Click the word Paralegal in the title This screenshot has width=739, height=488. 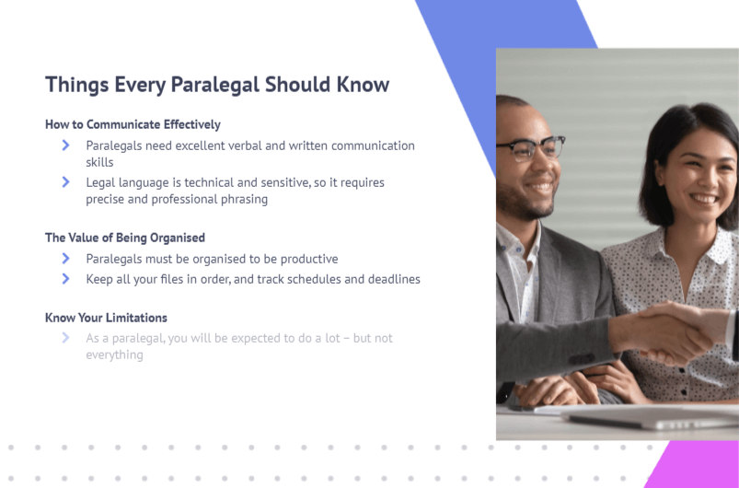pyautogui.click(x=214, y=86)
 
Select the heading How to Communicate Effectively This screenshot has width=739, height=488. pyautogui.click(x=133, y=124)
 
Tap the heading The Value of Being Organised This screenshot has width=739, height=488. pyautogui.click(x=125, y=238)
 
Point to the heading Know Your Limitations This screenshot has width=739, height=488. pyautogui.click(x=106, y=318)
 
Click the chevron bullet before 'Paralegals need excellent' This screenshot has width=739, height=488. pyautogui.click(x=66, y=145)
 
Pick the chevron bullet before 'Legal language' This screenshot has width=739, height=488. pyautogui.click(x=66, y=182)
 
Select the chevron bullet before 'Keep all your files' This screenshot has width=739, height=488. pyautogui.click(x=66, y=279)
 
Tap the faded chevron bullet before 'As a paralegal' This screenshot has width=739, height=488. pyautogui.click(x=66, y=338)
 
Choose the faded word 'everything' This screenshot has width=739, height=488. pyautogui.click(x=114, y=355)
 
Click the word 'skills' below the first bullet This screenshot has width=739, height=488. pyautogui.click(x=99, y=162)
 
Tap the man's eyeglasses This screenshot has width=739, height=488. pyautogui.click(x=531, y=147)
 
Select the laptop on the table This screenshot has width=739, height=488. pyautogui.click(x=651, y=416)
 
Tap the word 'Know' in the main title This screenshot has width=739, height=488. pyautogui.click(x=363, y=85)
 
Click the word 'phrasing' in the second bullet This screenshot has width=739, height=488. pyautogui.click(x=244, y=200)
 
